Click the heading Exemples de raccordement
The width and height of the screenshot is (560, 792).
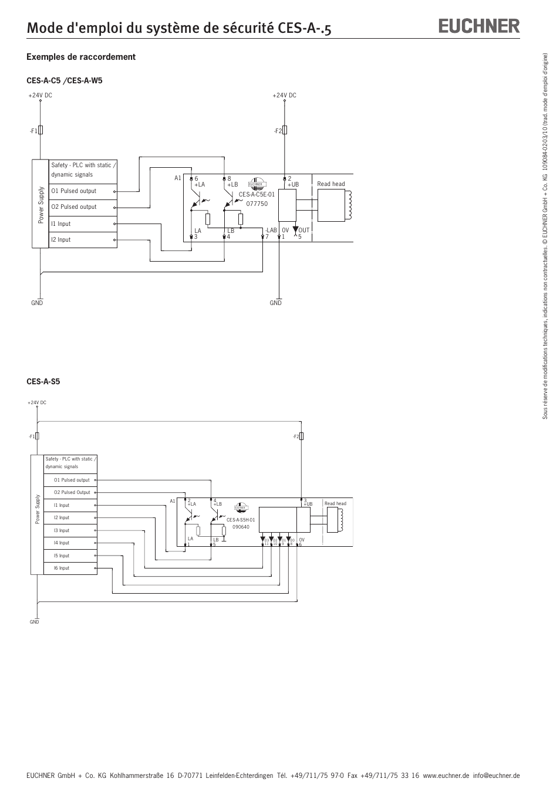pyautogui.click(x=81, y=57)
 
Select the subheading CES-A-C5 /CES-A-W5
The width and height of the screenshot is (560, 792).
pyautogui.click(x=65, y=80)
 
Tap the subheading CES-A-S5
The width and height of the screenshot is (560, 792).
pyautogui.click(x=43, y=381)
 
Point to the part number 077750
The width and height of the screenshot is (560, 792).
pyautogui.click(x=257, y=204)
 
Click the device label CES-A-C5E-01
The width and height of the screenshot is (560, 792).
pyautogui.click(x=257, y=194)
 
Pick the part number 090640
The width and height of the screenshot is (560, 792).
pyautogui.click(x=241, y=527)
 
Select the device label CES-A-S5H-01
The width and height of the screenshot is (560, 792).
pyautogui.click(x=241, y=520)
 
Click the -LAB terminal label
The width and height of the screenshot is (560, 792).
pyautogui.click(x=271, y=231)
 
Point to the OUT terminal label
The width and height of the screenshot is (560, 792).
pyautogui.click(x=303, y=231)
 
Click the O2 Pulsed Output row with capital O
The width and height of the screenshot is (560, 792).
pyautogui.click(x=72, y=492)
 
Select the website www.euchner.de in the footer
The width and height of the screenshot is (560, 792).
pyautogui.click(x=446, y=775)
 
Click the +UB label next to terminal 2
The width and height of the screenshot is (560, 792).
pyautogui.click(x=293, y=185)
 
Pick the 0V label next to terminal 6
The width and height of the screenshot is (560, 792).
pyautogui.click(x=302, y=540)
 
